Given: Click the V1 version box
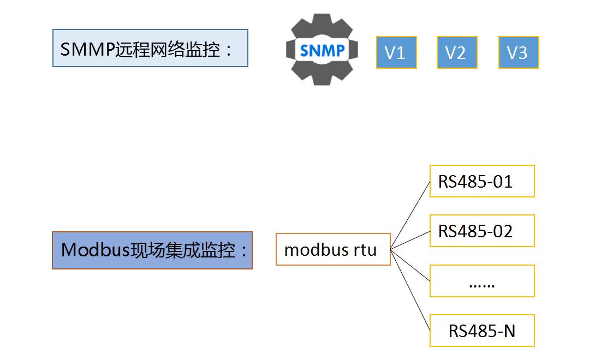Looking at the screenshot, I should [x=396, y=52].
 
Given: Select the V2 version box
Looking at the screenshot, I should [x=457, y=52].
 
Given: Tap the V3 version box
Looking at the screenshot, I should [x=518, y=52].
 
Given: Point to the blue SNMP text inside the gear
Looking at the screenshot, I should [x=322, y=51].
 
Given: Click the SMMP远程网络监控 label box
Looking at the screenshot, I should [x=150, y=49].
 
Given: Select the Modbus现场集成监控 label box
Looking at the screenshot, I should [x=152, y=250].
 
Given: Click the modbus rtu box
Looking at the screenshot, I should [x=333, y=250].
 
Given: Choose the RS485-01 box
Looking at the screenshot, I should [x=482, y=181].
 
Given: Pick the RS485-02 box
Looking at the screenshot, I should [x=482, y=231].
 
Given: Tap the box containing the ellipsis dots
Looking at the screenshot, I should [x=482, y=281].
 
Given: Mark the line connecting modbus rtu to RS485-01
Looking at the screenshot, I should [x=410, y=215].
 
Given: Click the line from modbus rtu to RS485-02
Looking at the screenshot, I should [x=410, y=240].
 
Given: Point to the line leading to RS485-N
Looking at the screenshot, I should [x=410, y=290].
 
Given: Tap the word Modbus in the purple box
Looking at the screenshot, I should [x=94, y=250].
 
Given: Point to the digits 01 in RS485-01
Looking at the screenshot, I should [x=502, y=182].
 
